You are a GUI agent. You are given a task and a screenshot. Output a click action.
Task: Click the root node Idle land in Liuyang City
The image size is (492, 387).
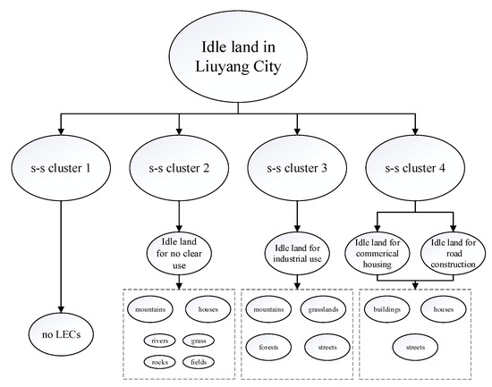[x=244, y=57]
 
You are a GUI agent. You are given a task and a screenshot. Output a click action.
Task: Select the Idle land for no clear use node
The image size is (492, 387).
[x=182, y=251]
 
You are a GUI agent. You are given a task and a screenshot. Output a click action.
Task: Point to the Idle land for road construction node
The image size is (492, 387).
[x=453, y=251]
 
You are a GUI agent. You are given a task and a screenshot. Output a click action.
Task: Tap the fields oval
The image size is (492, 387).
[x=199, y=362]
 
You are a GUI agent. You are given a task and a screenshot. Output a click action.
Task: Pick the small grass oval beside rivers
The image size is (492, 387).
[x=199, y=341]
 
